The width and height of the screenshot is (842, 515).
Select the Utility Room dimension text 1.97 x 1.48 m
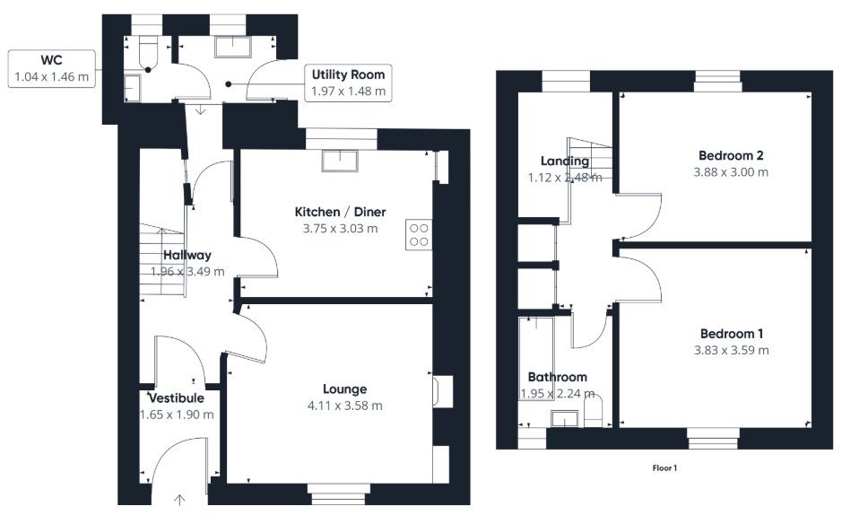[x=349, y=92]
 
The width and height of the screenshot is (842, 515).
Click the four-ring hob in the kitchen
[x=419, y=234]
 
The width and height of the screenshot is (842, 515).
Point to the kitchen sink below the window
[x=341, y=160]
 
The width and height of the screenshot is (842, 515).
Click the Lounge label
[x=344, y=389]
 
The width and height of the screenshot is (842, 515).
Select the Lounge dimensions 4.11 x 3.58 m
[x=344, y=406]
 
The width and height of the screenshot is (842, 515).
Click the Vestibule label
[x=177, y=397]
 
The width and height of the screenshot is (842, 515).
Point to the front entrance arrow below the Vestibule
[x=179, y=499]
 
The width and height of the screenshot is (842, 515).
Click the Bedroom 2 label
[x=732, y=154]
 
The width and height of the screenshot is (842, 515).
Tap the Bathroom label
[x=557, y=377]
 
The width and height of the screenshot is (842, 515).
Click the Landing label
[x=564, y=161]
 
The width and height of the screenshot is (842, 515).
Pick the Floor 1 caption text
[x=664, y=467]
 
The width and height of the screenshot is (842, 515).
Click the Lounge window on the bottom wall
[x=337, y=489]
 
